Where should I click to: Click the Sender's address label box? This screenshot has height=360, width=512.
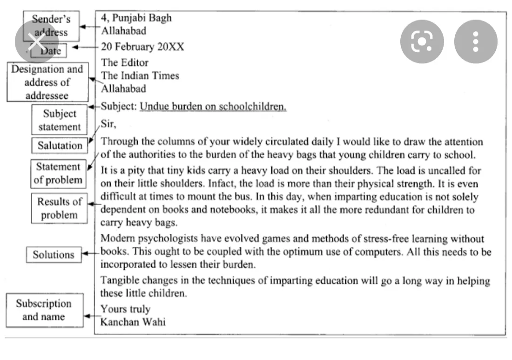click(x=51, y=26)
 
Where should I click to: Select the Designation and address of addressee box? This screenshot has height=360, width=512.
click(x=47, y=82)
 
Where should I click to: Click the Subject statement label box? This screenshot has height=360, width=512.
click(x=60, y=120)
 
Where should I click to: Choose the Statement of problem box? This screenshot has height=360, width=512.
click(x=59, y=173)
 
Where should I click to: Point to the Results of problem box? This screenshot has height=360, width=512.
click(x=60, y=208)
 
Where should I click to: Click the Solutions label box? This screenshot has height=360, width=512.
click(x=54, y=255)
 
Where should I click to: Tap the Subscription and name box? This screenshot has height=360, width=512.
click(x=44, y=310)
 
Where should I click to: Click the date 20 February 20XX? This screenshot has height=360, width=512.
click(x=142, y=47)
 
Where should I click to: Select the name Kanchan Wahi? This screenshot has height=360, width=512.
click(x=133, y=322)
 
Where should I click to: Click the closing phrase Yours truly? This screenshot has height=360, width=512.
click(x=126, y=309)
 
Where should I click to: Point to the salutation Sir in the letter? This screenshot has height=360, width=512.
click(x=108, y=124)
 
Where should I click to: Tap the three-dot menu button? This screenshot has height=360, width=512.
click(x=475, y=42)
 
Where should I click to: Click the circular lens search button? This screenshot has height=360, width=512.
click(x=422, y=42)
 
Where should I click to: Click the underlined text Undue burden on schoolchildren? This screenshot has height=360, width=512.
click(x=213, y=107)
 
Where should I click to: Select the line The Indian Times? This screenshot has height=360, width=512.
click(x=140, y=76)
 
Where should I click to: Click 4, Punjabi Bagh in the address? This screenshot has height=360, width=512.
click(x=136, y=18)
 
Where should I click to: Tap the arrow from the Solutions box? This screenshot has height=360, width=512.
click(x=91, y=254)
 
